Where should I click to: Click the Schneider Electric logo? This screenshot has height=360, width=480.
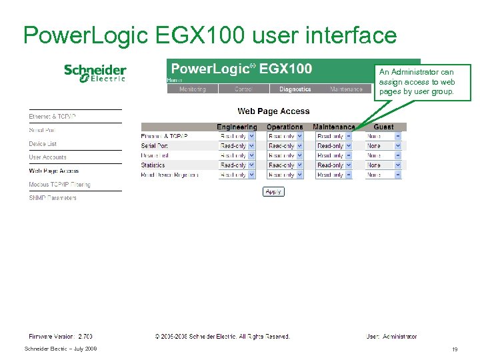tap(95, 73)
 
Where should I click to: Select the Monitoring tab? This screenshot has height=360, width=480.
tap(192, 89)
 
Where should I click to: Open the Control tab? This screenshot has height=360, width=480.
tap(243, 89)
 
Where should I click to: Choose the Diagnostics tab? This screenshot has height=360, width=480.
tap(295, 89)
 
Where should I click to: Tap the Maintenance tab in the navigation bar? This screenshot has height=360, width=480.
tap(346, 89)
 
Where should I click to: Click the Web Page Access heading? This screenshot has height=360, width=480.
tap(273, 111)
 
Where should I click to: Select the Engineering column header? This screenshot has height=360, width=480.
tap(237, 127)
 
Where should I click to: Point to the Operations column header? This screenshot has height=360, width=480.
tap(285, 127)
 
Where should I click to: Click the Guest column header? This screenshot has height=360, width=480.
tap(383, 127)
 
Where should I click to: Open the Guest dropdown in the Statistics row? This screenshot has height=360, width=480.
tap(383, 165)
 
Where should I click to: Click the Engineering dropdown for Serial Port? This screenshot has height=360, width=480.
tap(237, 145)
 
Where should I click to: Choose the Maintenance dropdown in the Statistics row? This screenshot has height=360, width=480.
tap(334, 165)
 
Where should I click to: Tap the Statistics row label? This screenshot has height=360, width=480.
tap(153, 165)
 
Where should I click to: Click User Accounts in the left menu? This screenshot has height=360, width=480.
tap(47, 157)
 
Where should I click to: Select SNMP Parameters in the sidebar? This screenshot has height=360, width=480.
tap(53, 198)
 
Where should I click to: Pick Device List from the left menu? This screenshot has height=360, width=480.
tap(43, 144)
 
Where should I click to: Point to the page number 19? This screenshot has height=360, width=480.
tap(455, 349)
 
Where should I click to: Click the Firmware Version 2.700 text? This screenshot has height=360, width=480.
tap(61, 337)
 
